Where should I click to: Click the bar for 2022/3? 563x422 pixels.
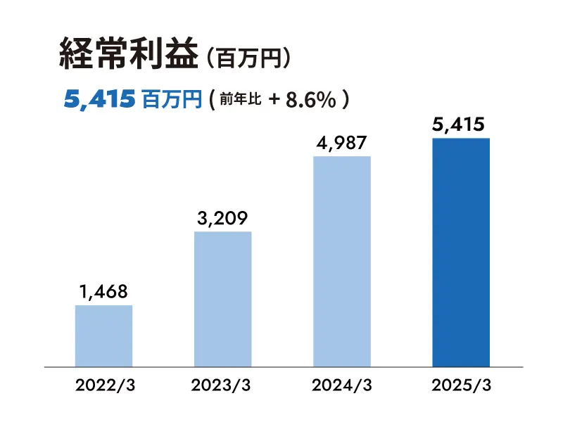[x=103, y=335]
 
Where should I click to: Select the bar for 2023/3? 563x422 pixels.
[x=222, y=299]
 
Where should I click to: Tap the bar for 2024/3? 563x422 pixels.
[x=341, y=261]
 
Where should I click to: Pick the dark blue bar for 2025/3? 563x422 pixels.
[x=460, y=252]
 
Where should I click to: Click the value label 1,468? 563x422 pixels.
[x=103, y=291]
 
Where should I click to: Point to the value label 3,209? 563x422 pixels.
[x=222, y=218]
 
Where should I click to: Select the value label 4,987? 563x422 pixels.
[x=341, y=143]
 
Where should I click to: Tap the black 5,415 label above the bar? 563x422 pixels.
[x=460, y=125]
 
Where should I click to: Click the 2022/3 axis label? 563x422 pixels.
[x=103, y=386]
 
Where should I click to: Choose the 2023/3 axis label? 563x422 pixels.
[x=222, y=386]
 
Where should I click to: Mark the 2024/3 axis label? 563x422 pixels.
[x=341, y=386]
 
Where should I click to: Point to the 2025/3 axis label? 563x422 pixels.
[x=460, y=386]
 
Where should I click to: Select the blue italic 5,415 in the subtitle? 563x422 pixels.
[x=99, y=100]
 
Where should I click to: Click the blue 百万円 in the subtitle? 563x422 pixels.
[x=172, y=100]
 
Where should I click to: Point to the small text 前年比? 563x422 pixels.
[x=241, y=100]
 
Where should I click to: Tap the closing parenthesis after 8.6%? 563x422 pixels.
[x=345, y=100]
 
